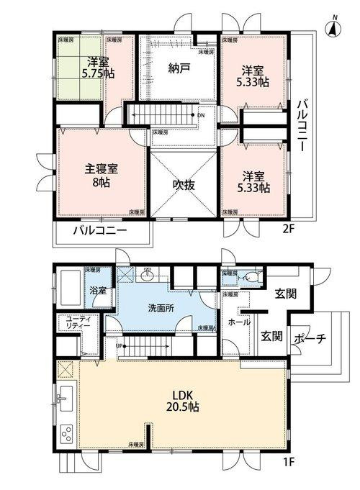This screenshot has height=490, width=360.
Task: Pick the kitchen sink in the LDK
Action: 63,397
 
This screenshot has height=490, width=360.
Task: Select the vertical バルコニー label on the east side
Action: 303,125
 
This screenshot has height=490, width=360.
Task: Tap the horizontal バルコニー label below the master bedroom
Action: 101,231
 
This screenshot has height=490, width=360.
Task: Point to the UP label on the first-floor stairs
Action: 120,345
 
